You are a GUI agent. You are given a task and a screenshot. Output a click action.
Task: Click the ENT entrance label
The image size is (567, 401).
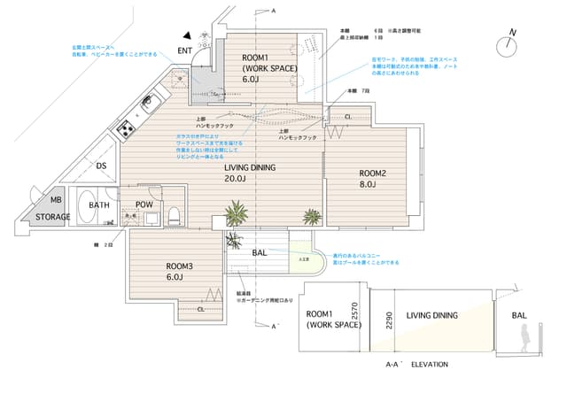(x=185, y=50)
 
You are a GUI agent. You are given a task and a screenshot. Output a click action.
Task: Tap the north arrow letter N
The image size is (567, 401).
(x=511, y=34)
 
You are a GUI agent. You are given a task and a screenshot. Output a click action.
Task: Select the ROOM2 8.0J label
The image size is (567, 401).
(x=372, y=179)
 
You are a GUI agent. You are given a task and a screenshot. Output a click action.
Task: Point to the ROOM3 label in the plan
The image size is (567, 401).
(x=179, y=266)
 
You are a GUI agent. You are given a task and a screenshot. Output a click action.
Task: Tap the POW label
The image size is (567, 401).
(x=144, y=205)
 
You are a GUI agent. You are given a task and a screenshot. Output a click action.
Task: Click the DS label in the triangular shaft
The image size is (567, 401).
(x=101, y=166)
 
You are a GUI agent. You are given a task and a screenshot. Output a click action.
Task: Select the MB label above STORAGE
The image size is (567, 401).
(x=55, y=201)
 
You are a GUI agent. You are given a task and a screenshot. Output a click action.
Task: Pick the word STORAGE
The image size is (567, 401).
(x=53, y=216)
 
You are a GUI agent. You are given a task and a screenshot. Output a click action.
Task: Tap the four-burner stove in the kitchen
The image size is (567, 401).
(x=126, y=129)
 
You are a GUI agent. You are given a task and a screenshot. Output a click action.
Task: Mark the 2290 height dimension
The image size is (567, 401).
(x=387, y=320)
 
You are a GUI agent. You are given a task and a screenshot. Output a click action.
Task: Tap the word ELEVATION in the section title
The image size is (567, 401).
(x=429, y=365)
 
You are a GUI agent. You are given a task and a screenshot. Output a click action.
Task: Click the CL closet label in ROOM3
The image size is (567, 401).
(x=201, y=309)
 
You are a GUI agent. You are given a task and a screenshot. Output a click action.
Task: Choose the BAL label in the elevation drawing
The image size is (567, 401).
(x=520, y=314)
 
